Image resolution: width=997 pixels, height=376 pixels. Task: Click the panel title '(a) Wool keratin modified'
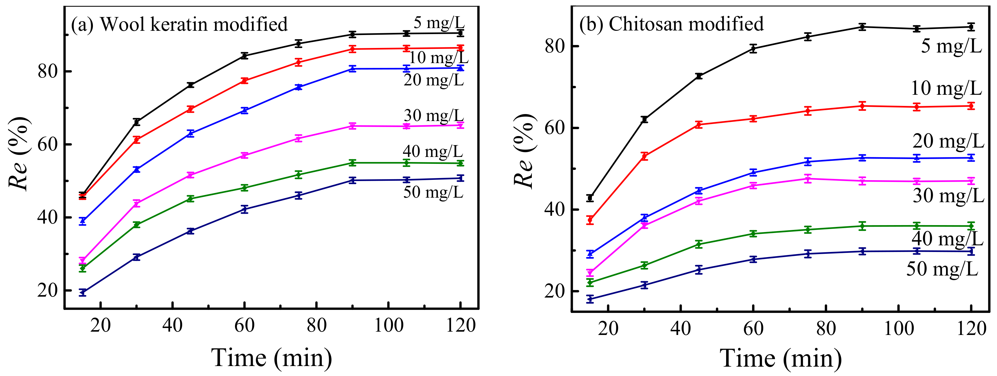point(179,24)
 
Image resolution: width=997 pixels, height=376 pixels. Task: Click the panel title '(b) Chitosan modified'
point(671,24)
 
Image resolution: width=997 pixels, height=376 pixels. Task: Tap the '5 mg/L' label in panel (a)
point(439,22)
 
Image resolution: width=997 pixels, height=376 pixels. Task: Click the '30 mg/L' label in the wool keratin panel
point(433,115)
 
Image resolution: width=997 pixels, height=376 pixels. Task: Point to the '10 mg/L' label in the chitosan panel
point(946,88)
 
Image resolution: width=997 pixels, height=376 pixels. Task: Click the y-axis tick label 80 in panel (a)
point(48,71)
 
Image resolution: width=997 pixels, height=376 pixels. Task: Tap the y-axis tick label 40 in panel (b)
point(555,209)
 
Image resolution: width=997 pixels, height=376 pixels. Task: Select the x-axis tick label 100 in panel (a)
point(389,325)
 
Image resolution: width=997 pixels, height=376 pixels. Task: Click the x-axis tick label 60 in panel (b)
point(753,328)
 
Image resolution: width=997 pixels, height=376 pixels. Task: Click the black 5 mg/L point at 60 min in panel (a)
point(244,56)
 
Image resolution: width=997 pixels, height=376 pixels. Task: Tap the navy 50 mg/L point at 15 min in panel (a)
point(82,292)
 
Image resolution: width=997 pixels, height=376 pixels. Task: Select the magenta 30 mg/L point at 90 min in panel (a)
point(352,126)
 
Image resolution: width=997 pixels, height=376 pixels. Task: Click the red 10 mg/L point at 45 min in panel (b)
point(699,125)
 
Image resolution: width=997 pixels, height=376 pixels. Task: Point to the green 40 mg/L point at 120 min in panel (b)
point(971,226)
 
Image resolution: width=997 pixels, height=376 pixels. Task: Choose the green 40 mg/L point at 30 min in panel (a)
point(136,225)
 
